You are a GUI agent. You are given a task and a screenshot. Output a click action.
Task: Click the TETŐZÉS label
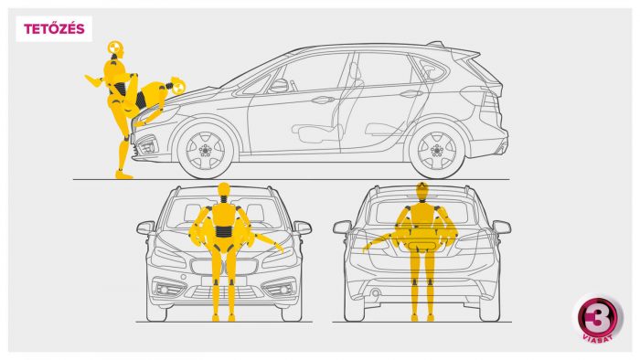[54, 29]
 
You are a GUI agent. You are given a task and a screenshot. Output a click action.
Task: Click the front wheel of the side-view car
[205, 150]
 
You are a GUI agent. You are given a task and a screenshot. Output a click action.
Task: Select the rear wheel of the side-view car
[437, 150]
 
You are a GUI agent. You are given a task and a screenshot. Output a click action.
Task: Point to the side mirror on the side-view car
[279, 85]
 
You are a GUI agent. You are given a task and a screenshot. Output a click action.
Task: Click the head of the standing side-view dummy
[115, 48]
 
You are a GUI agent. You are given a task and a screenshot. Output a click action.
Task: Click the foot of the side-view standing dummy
[123, 175]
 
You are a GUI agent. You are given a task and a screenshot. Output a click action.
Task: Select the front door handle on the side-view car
[323, 100]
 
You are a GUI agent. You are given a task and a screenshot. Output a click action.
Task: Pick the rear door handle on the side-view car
[411, 94]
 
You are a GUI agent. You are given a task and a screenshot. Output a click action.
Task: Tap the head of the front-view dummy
[224, 189]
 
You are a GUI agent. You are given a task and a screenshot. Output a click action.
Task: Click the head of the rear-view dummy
[422, 190]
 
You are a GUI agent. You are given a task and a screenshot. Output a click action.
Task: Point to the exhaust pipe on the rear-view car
[375, 292]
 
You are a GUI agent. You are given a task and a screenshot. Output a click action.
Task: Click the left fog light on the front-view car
[165, 290]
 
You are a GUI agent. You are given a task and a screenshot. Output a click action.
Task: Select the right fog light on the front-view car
[283, 290]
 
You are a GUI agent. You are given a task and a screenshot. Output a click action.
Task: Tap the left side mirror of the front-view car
[145, 228]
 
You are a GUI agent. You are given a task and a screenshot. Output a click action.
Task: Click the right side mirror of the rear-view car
[502, 227]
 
